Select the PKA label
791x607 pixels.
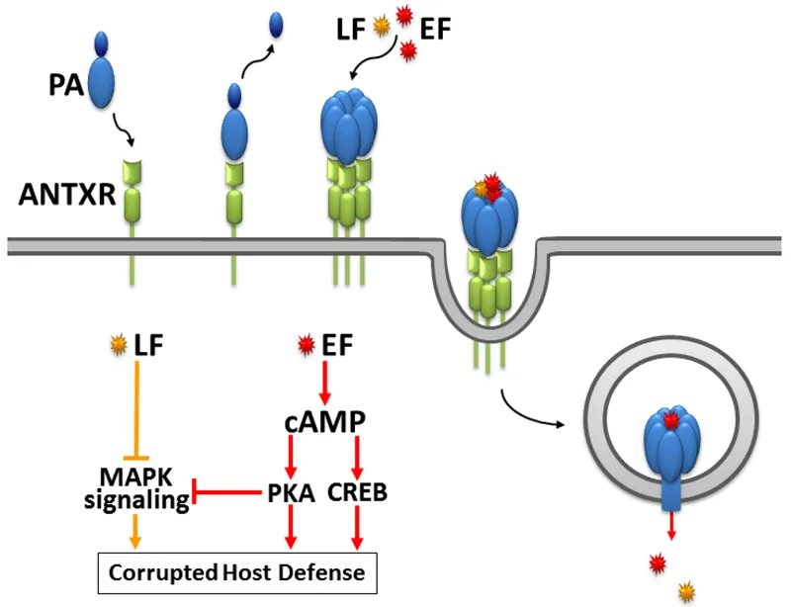[x=292, y=491]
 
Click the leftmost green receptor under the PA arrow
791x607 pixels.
[x=132, y=193]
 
